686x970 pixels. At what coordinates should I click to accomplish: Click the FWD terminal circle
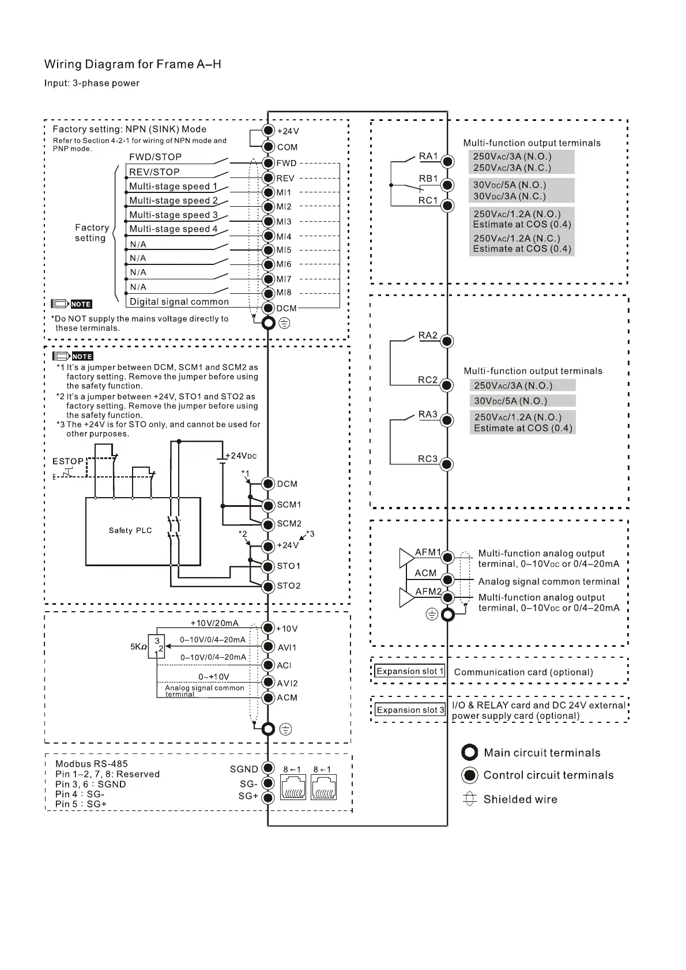coord(268,163)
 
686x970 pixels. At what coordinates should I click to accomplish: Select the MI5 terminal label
coord(284,251)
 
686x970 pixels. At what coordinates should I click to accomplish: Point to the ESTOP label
coord(68,461)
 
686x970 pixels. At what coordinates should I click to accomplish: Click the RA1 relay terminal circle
coord(447,162)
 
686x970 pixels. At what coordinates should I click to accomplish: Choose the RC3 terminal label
coord(428,459)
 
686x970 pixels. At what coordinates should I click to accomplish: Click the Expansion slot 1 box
coord(410,672)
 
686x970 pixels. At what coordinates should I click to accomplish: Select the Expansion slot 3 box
coord(410,710)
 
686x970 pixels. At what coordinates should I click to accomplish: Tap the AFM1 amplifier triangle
coord(407,558)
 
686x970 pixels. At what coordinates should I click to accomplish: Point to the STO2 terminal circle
coord(268,586)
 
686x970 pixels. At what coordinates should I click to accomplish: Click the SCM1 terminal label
coord(289,505)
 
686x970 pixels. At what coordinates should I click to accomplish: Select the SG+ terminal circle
coord(268,798)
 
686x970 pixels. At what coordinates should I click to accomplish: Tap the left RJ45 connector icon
coord(293,787)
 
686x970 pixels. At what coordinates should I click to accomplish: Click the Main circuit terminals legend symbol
coord(470,753)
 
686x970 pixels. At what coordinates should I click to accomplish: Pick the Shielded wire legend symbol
coord(470,799)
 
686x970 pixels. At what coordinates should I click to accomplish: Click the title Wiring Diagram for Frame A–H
coord(133,64)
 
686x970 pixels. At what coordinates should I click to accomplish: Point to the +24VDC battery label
coord(240,456)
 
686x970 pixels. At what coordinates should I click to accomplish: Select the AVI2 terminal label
coord(287,683)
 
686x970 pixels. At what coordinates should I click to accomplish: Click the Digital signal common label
coord(179,302)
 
